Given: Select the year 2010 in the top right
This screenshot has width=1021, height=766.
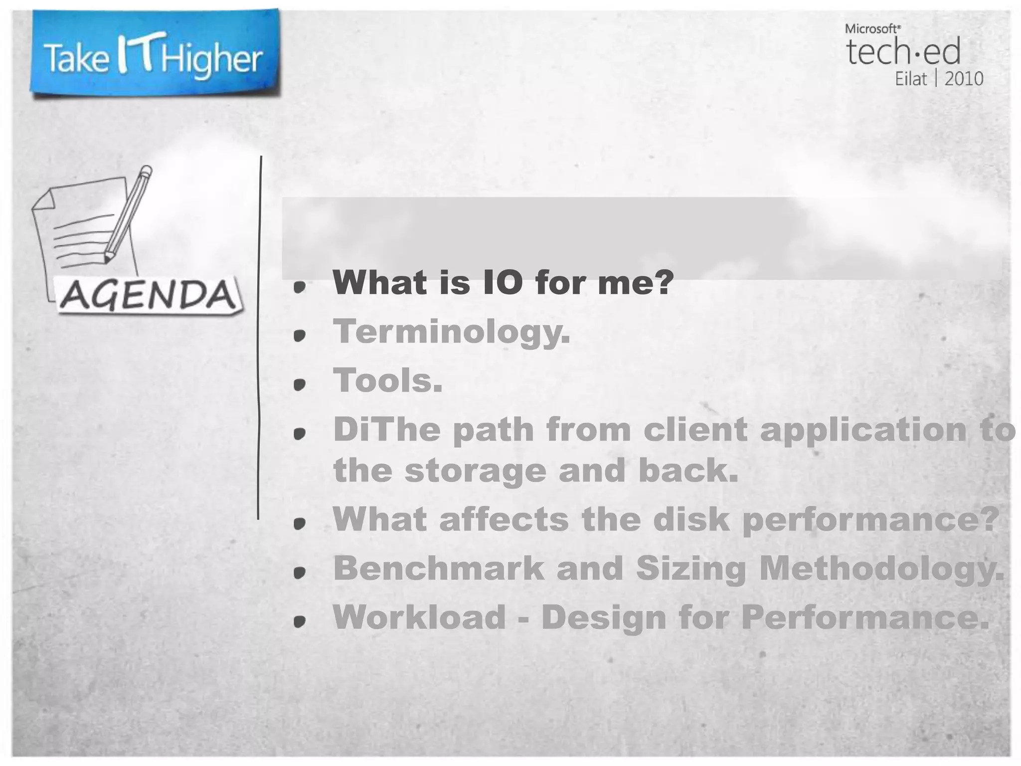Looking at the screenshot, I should point(964,79).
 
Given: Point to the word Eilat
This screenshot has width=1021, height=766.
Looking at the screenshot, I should point(911,79).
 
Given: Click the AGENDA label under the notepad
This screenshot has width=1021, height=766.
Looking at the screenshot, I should point(148,295).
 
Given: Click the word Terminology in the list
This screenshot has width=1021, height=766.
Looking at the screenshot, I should point(451,331).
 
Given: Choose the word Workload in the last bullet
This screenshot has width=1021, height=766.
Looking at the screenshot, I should point(419,617).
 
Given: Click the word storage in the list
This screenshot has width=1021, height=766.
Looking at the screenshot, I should point(475,470).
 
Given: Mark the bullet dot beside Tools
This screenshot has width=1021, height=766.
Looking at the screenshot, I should point(299,384).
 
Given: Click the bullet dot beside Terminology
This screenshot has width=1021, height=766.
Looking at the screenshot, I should point(299,336).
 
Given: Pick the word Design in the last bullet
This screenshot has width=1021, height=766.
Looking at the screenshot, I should point(604,617).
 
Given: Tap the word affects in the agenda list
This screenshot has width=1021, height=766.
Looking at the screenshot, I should point(504,519).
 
